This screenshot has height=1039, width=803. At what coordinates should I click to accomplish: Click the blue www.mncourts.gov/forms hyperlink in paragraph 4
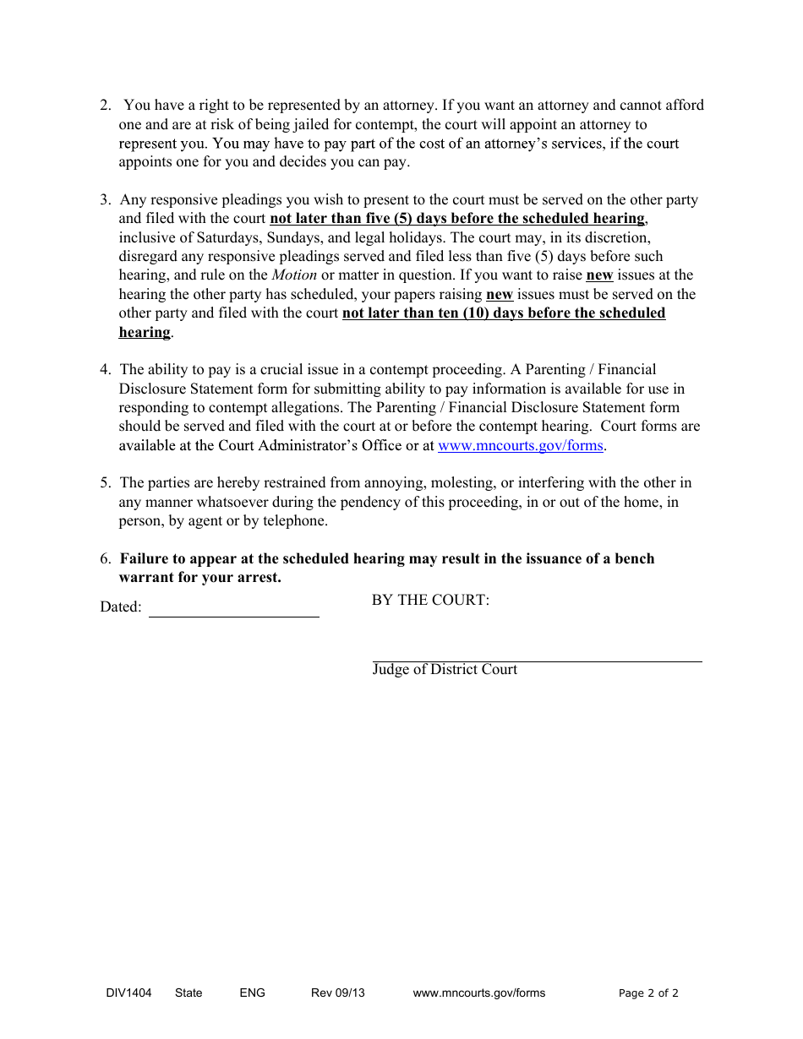tap(520, 446)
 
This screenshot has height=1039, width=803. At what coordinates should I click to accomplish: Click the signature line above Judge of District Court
tap(537, 660)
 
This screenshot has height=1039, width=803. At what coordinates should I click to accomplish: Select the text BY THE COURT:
tap(430, 601)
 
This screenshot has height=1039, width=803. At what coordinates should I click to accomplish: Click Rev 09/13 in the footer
tap(337, 993)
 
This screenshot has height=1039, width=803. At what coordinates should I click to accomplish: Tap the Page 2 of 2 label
tap(648, 993)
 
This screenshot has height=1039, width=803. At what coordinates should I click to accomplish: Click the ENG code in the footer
tap(252, 993)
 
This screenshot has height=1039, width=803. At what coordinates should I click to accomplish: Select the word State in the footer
tap(188, 993)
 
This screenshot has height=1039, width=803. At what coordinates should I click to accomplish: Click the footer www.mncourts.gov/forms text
tap(478, 993)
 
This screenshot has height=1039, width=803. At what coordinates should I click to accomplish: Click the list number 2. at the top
tap(105, 106)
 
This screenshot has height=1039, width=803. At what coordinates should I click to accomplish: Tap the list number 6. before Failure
tap(105, 559)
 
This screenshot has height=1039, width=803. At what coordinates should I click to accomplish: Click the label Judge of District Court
tap(445, 670)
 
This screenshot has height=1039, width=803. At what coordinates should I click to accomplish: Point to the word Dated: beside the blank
tap(121, 607)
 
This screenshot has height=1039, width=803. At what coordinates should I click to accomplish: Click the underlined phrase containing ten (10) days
tap(503, 313)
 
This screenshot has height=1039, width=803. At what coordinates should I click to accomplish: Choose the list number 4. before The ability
tap(105, 370)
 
